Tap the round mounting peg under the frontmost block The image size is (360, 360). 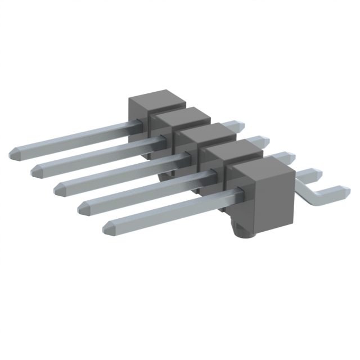pos(244,231)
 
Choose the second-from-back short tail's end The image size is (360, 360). pos(263,139)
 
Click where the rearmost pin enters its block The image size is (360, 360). pos(135,123)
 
